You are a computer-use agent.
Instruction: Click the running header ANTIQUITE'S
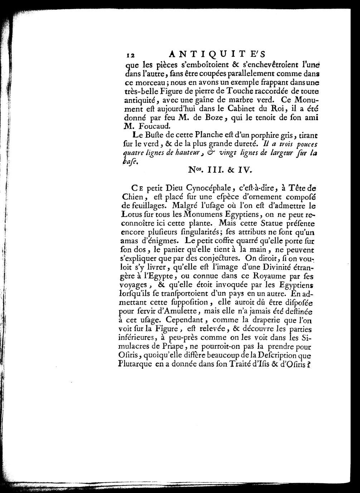tap(217, 54)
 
